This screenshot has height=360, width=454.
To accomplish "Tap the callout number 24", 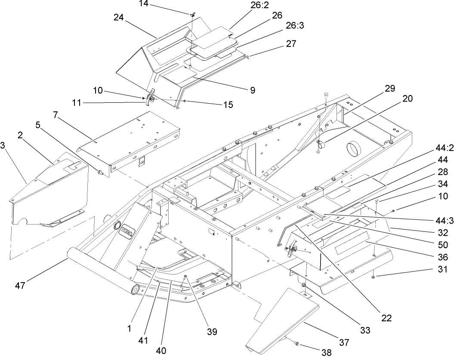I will click(119, 18).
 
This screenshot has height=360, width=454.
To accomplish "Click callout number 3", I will click(3, 146).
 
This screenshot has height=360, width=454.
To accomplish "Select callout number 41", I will click(143, 341).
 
